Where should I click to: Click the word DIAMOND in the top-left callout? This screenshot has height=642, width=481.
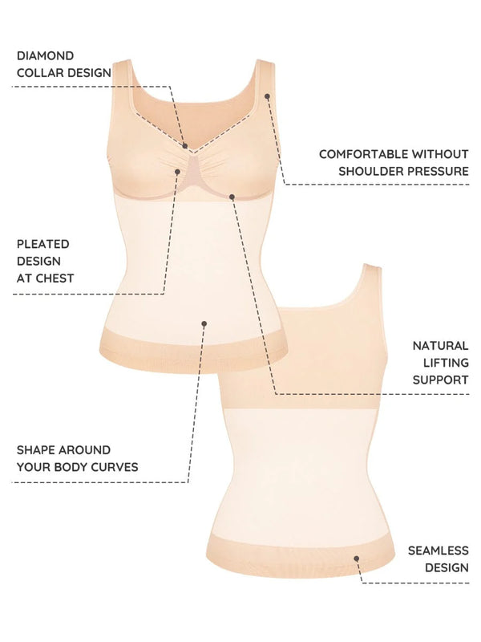45,55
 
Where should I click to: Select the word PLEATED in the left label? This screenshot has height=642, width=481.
42,243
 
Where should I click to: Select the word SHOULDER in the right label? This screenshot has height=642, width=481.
374,171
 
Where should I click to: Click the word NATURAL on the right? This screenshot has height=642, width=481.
440,345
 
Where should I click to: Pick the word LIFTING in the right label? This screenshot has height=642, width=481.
443,363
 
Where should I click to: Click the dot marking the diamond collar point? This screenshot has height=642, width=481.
185,147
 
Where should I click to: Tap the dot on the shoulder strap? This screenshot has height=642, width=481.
268,96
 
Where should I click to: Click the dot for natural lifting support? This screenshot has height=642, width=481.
232,196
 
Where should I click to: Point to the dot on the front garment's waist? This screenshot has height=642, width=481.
204,323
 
